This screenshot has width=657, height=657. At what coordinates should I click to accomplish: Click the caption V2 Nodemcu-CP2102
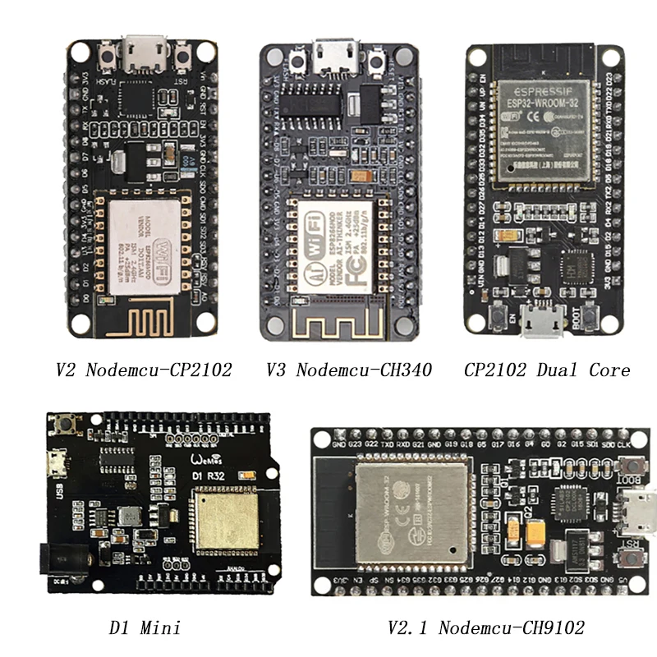(x=144, y=370)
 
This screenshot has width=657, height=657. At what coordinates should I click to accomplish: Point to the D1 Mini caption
(x=145, y=628)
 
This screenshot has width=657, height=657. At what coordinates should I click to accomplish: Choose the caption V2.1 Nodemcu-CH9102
(x=486, y=628)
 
